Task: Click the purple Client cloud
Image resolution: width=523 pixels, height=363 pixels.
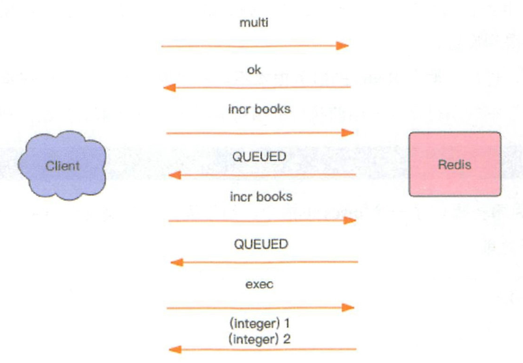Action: pyautogui.click(x=62, y=165)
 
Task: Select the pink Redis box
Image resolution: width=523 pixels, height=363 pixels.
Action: pyautogui.click(x=454, y=164)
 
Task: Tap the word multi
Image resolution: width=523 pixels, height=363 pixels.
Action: pyautogui.click(x=254, y=23)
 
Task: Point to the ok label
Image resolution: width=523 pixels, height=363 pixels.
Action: pyautogui.click(x=254, y=69)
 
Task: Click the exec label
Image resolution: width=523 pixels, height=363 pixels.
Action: pyautogui.click(x=259, y=284)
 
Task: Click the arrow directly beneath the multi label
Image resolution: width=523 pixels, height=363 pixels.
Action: pyautogui.click(x=254, y=46)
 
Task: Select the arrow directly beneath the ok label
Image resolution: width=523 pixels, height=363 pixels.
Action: pyautogui.click(x=257, y=88)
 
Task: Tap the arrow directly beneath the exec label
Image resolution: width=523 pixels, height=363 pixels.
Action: pyautogui.click(x=260, y=307)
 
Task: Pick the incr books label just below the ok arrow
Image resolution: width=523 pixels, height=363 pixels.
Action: pyautogui.click(x=260, y=109)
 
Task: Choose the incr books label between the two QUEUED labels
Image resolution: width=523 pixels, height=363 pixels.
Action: pyautogui.click(x=261, y=195)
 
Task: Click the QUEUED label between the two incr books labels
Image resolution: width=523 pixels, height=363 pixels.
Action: pyautogui.click(x=260, y=156)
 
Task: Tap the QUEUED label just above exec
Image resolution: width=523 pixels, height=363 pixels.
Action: pyautogui.click(x=261, y=244)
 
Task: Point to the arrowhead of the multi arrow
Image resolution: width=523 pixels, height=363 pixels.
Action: pyautogui.click(x=343, y=46)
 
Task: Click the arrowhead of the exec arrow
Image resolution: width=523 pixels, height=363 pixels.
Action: pyautogui.click(x=349, y=307)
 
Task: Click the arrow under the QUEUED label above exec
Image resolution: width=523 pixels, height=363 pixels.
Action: pyautogui.click(x=263, y=262)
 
